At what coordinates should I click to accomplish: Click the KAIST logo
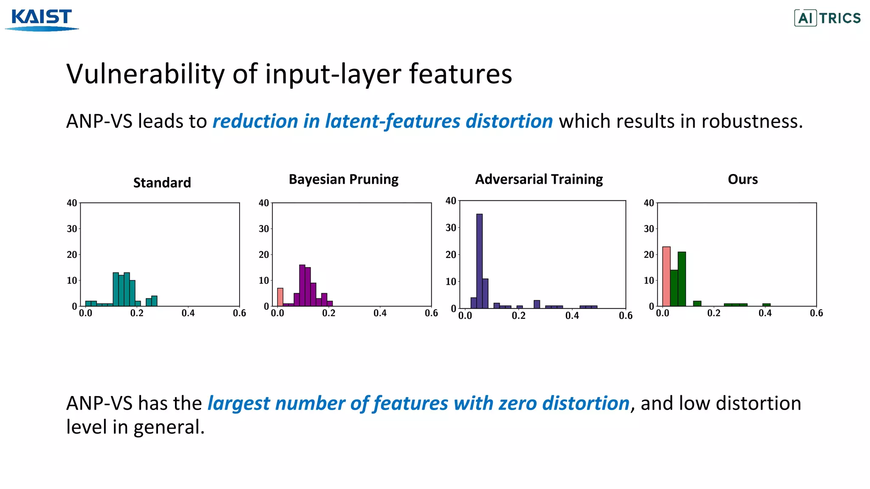click(x=42, y=20)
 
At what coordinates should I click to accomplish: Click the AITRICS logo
click(x=827, y=18)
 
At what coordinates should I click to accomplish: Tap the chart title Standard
click(x=162, y=183)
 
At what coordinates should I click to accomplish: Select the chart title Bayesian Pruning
click(x=343, y=179)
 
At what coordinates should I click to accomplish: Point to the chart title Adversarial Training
click(x=539, y=179)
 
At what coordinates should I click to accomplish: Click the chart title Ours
click(x=743, y=179)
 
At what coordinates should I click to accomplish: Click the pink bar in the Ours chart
click(x=666, y=276)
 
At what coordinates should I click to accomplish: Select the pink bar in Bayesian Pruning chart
click(x=280, y=297)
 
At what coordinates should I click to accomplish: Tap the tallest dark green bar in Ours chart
click(x=681, y=279)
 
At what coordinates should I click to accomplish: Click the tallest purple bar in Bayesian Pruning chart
click(x=302, y=285)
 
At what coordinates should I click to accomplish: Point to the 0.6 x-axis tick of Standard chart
click(x=239, y=313)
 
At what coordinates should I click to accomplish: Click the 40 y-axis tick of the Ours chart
click(x=649, y=203)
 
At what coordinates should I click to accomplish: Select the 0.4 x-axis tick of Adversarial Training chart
click(x=572, y=316)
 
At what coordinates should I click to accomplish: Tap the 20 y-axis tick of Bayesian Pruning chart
click(x=264, y=255)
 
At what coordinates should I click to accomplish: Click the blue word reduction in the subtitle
click(x=254, y=121)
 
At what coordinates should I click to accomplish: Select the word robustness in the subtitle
click(x=752, y=121)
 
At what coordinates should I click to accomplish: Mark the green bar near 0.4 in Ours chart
click(x=766, y=305)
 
